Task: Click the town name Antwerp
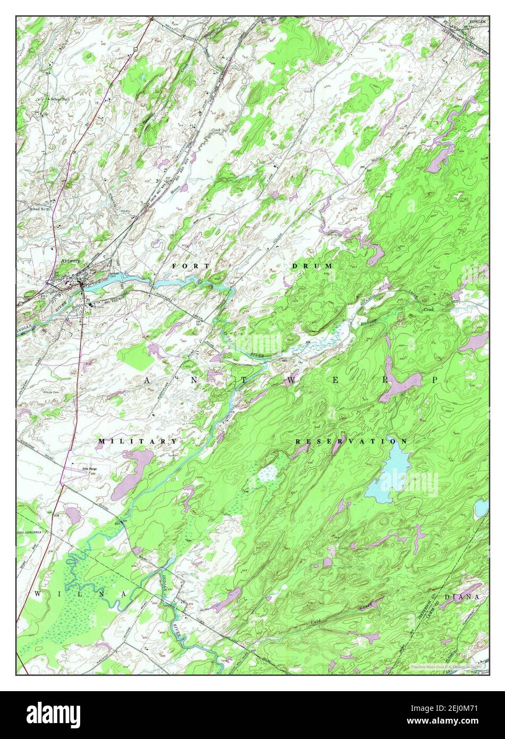click(x=70, y=261)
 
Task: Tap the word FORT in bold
click(x=183, y=265)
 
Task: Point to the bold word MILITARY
click(x=138, y=441)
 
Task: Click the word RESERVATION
click(x=352, y=441)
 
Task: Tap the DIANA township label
click(x=462, y=597)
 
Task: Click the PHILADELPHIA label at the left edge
click(x=33, y=531)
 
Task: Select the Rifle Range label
click(x=89, y=468)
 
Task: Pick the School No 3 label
click(x=60, y=99)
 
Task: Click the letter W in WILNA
click(x=38, y=593)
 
